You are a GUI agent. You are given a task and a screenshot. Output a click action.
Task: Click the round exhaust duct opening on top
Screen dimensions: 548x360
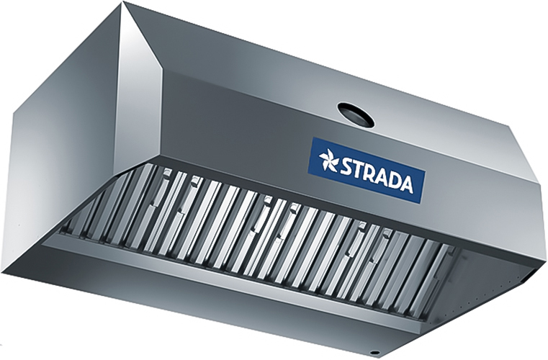[x=356, y=114]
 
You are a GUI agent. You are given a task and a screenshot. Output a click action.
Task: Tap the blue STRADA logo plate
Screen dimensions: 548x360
[x=367, y=171]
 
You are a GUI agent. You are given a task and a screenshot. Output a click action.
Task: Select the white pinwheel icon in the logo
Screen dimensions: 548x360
[x=329, y=161]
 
